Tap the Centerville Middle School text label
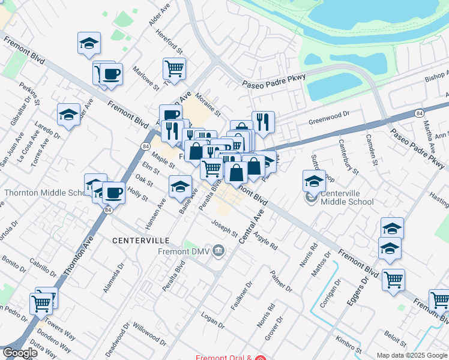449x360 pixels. [347, 197]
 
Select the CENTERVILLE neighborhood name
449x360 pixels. [141, 240]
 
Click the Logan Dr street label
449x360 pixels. [212, 321]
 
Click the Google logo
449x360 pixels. [20, 353]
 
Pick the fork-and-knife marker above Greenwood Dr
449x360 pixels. [262, 121]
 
